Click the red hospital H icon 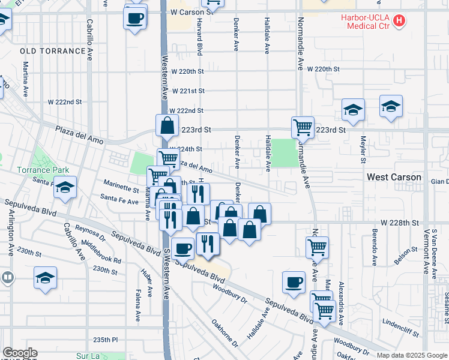pos(399,22)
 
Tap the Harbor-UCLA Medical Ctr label pos(366,22)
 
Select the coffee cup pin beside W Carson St pos(135,17)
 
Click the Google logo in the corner pos(20,353)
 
